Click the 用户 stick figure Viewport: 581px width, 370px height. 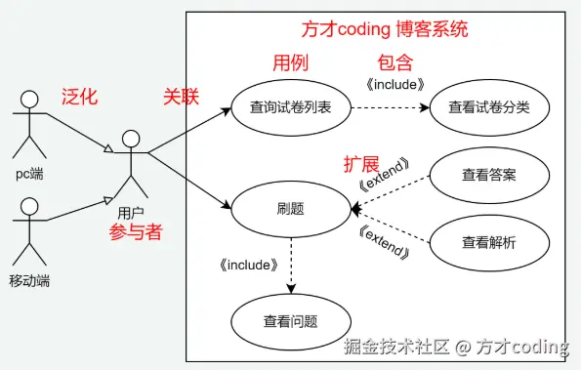pyautogui.click(x=130, y=163)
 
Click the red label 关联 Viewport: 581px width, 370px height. pyautogui.click(x=181, y=97)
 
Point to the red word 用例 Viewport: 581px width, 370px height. pyautogui.click(x=289, y=63)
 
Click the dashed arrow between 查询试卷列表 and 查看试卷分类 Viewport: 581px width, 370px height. pyautogui.click(x=389, y=108)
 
